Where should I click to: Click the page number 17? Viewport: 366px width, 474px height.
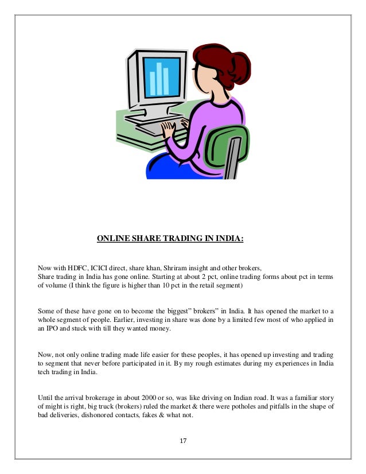pos(183,441)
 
